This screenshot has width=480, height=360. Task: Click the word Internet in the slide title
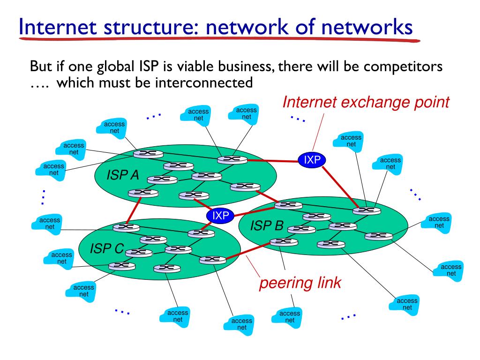[x=58, y=27]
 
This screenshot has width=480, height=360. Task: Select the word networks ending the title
[x=367, y=27]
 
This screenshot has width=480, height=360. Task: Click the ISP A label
[x=123, y=175]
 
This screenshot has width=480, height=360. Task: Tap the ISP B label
[x=267, y=225]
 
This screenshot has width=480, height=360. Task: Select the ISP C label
[x=107, y=248]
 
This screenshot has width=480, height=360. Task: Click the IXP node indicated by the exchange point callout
[x=312, y=160]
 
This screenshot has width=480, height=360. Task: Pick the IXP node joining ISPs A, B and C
[x=220, y=216]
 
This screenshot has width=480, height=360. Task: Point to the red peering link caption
[x=300, y=283]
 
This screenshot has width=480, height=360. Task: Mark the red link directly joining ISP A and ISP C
[x=134, y=210]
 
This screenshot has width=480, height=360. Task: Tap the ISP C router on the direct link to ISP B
[x=213, y=260]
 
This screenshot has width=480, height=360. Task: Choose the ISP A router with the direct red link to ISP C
[x=143, y=193]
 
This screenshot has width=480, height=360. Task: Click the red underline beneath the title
[x=219, y=39]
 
